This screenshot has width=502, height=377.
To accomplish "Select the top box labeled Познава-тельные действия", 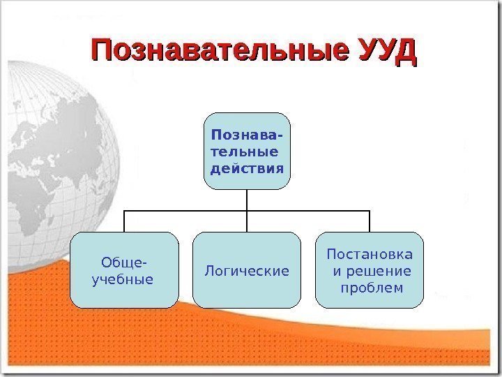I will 247,150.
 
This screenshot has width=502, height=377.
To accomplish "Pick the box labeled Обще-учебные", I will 124,270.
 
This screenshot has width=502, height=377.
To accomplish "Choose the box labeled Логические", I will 247,270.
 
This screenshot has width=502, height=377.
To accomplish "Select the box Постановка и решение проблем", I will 370,270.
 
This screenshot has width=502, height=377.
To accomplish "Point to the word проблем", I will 370,287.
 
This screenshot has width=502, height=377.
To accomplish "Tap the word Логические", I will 247,270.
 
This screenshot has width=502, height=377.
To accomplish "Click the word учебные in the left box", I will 123,279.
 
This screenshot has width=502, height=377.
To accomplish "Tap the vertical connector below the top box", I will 247,199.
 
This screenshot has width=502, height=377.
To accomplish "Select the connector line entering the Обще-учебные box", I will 124,221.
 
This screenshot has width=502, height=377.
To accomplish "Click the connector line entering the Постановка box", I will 370,221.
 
